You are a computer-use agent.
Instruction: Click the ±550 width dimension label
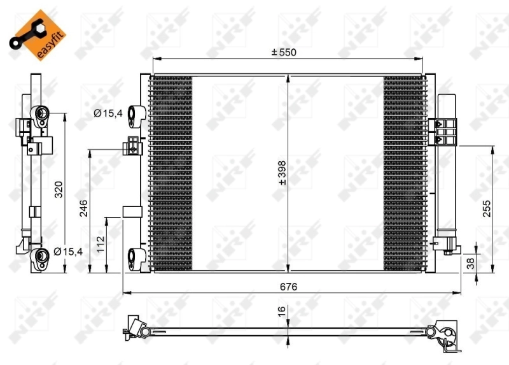coord(284,52)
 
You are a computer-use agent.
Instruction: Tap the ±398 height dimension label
coord(282,173)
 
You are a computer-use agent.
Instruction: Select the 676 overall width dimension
coord(289,287)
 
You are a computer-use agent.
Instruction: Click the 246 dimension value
coord(83,208)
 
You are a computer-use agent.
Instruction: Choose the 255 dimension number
coord(487,209)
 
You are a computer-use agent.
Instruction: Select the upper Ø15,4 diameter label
coord(106,113)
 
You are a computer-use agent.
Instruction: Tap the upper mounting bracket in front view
coord(136,115)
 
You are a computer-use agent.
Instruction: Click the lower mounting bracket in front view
coord(136,257)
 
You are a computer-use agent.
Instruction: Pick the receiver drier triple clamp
coord(446,131)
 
